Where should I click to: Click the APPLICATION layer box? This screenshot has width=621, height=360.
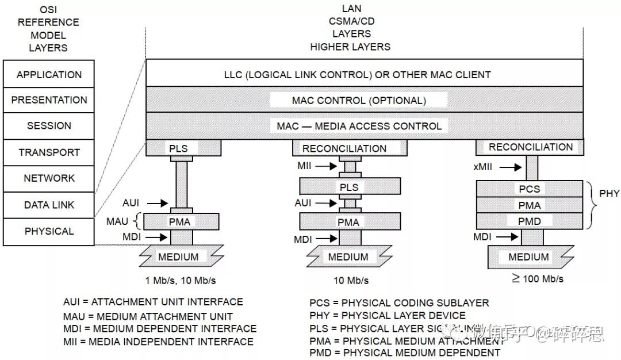point(49,75)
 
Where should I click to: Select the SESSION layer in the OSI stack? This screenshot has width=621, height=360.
point(49,126)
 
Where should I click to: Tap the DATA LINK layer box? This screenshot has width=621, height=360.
point(49,205)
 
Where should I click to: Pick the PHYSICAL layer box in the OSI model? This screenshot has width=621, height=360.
point(49,231)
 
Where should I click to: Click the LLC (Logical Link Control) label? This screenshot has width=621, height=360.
point(357,75)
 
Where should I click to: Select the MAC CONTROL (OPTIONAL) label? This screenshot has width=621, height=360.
point(359,100)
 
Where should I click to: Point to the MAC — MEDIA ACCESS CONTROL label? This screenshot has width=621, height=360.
point(359,126)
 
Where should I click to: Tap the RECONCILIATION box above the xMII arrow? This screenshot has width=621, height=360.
point(531,147)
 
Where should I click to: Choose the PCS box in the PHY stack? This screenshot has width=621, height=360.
point(529,189)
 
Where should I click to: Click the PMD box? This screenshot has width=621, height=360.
point(529,220)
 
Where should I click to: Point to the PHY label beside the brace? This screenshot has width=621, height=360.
point(609,193)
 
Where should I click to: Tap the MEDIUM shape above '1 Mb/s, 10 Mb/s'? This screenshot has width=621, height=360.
point(178,256)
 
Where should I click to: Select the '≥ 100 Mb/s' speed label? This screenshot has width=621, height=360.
point(537,279)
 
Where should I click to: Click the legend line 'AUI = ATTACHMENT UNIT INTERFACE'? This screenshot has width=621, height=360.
point(153,302)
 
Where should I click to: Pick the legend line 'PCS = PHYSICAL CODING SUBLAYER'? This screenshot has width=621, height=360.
point(399,303)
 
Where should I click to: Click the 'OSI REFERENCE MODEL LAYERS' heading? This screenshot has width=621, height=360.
point(48,29)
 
